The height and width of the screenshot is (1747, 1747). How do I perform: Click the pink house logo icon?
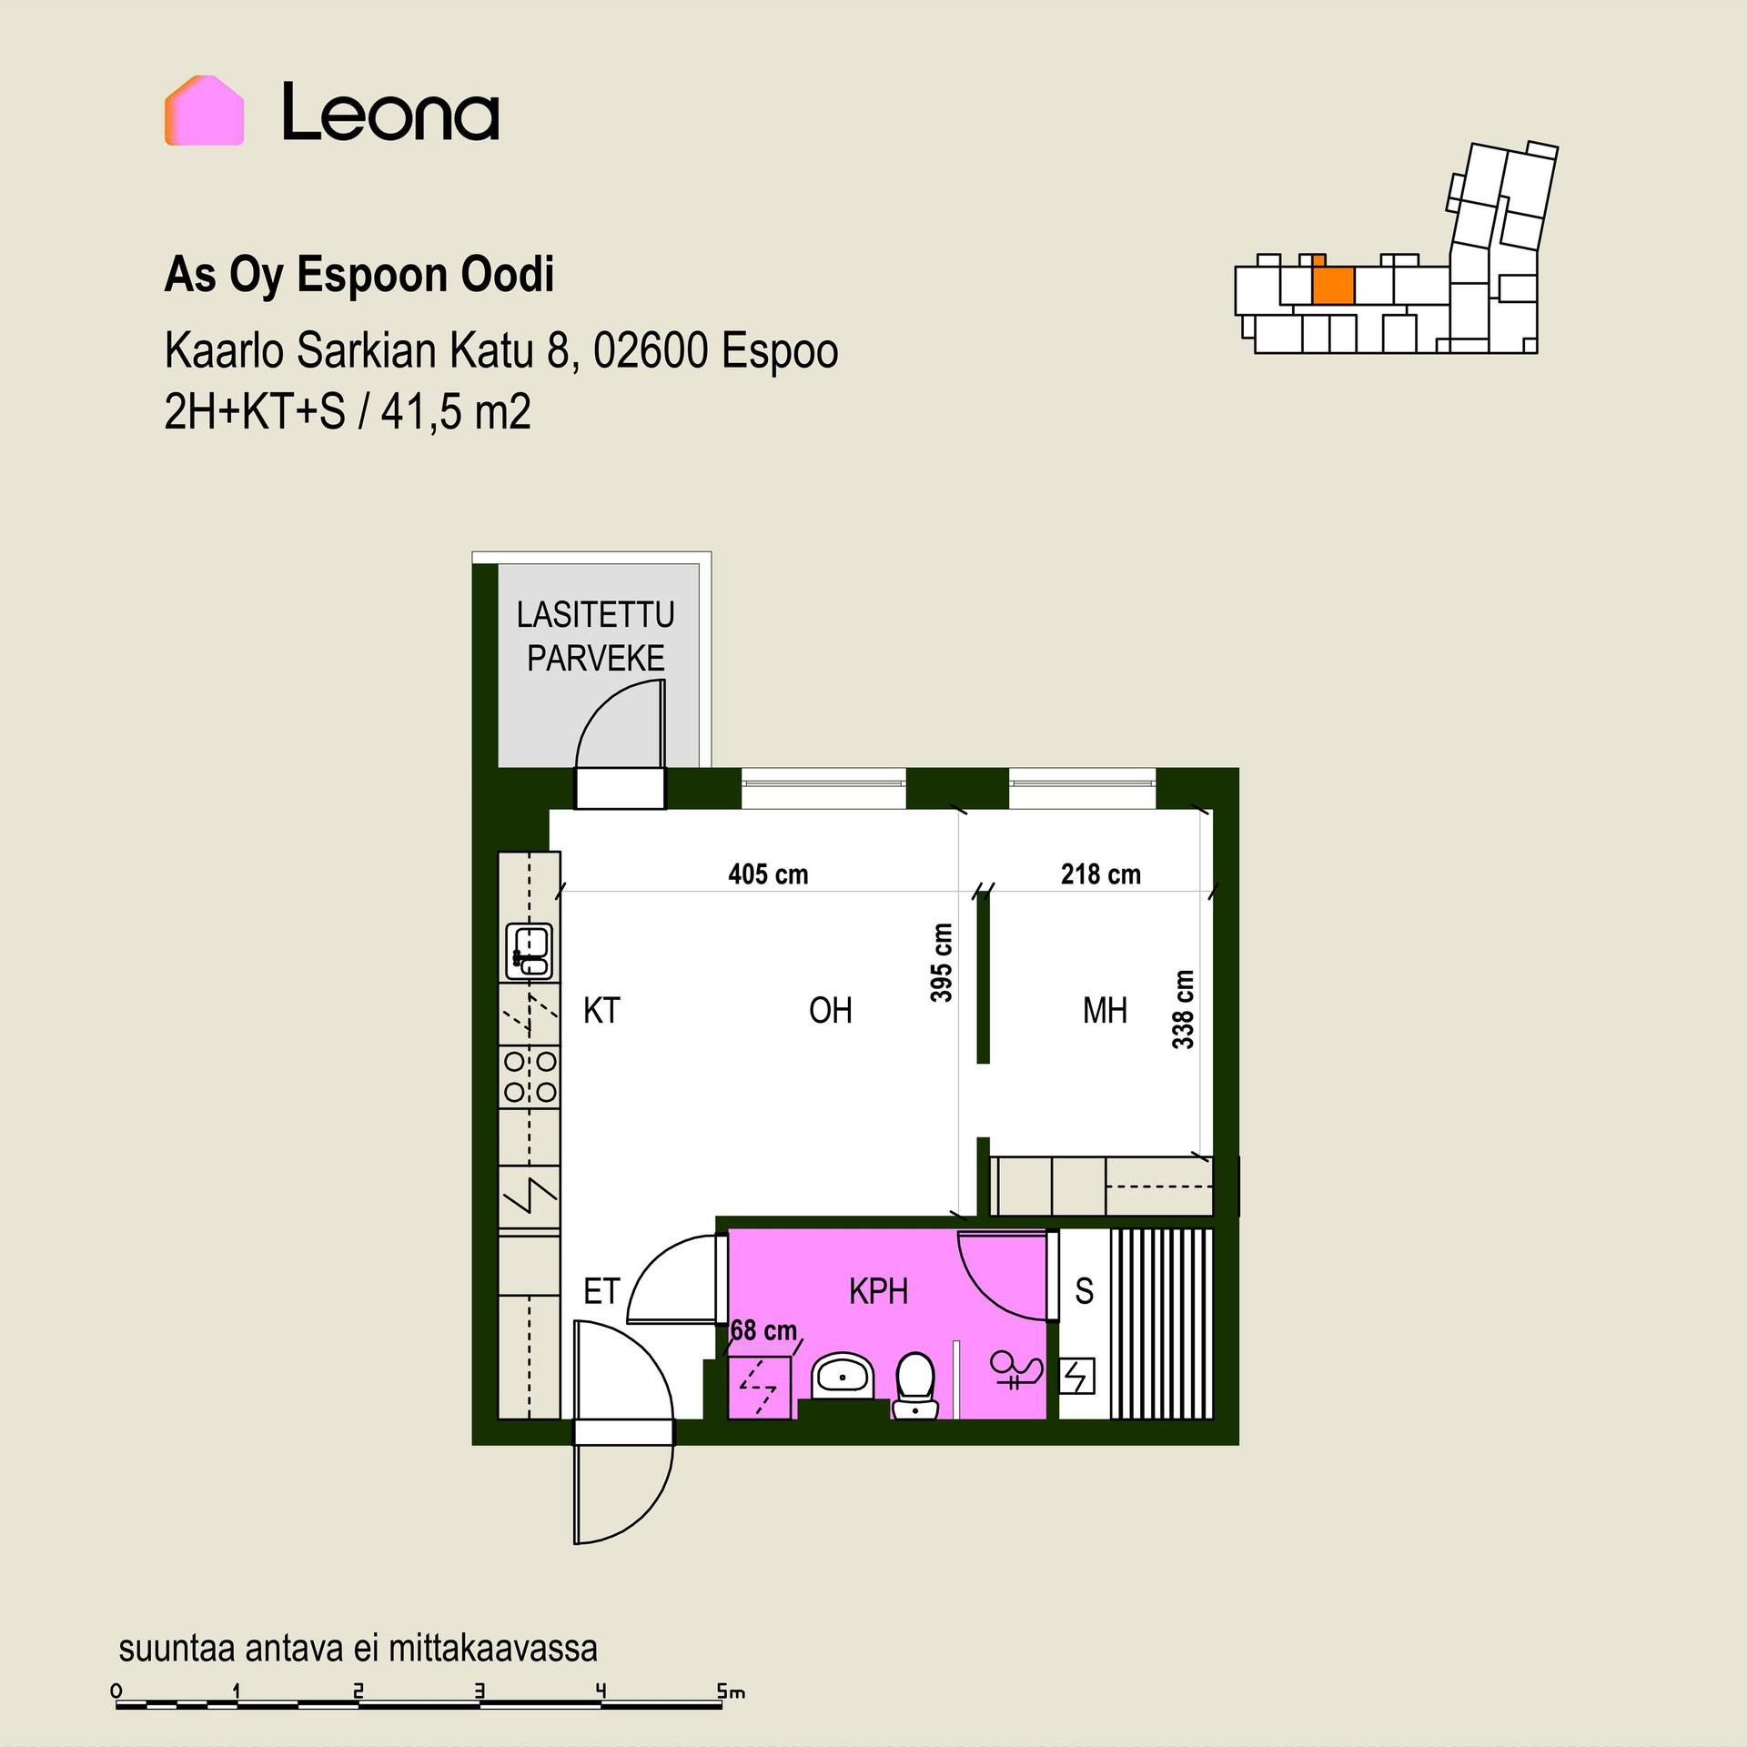click(204, 111)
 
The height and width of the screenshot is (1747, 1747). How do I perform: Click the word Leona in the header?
click(390, 112)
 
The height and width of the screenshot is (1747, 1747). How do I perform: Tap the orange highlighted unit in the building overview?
click(1334, 286)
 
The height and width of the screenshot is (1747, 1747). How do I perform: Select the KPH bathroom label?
click(878, 1291)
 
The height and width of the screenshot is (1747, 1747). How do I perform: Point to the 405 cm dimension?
click(768, 874)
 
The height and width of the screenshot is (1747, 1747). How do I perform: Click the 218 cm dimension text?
click(1100, 874)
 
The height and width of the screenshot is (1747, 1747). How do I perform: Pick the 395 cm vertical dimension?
click(942, 963)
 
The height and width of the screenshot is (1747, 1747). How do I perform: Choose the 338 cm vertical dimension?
click(1182, 1009)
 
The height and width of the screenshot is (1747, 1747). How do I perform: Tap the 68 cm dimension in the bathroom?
click(763, 1330)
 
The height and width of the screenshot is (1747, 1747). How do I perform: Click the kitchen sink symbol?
click(530, 951)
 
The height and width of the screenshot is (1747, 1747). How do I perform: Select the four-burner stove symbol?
click(530, 1076)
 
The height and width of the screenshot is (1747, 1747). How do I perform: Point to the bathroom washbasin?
click(843, 1378)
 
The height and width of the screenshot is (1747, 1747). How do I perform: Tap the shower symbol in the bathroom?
click(1016, 1371)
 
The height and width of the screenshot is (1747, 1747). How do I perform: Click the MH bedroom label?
click(1105, 1011)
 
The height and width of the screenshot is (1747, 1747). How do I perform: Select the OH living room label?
click(830, 1011)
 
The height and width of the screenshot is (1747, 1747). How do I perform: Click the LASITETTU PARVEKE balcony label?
click(596, 636)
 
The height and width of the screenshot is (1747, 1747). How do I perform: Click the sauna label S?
click(1084, 1291)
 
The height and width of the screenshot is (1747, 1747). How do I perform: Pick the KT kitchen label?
click(601, 1011)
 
